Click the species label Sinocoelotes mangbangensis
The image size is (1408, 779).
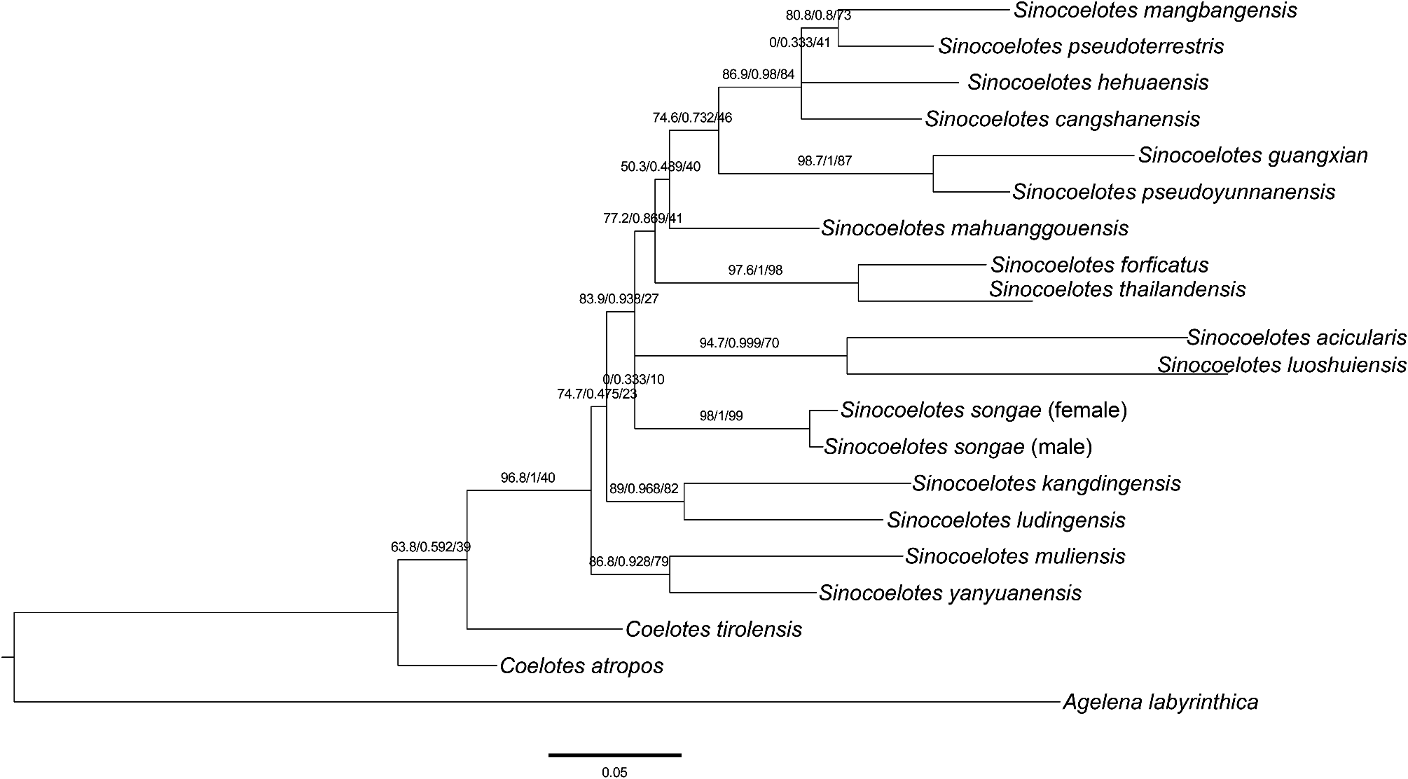click(1155, 11)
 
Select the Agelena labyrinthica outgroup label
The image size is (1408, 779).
click(1160, 701)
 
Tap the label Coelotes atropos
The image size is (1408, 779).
click(581, 665)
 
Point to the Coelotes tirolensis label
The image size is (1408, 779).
click(713, 628)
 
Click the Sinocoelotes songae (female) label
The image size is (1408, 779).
click(983, 410)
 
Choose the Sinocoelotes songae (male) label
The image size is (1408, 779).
click(958, 446)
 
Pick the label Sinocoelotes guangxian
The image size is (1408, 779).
click(1252, 155)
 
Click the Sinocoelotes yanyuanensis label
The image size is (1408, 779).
click(950, 593)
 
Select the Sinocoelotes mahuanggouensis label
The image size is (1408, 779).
click(974, 228)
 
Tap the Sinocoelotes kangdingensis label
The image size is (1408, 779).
click(1046, 483)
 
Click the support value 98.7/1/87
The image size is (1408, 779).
click(824, 161)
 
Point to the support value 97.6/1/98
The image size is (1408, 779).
click(755, 270)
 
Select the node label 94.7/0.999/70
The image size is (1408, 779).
click(739, 343)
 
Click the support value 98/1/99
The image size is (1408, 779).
click(721, 416)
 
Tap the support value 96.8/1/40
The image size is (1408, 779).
click(527, 478)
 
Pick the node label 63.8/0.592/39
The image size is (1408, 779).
click(430, 546)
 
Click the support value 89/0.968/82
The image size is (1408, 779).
click(644, 488)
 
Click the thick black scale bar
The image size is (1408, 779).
click(614, 754)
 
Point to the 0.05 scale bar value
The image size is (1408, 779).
click(614, 772)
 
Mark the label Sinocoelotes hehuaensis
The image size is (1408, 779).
click(1088, 82)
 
